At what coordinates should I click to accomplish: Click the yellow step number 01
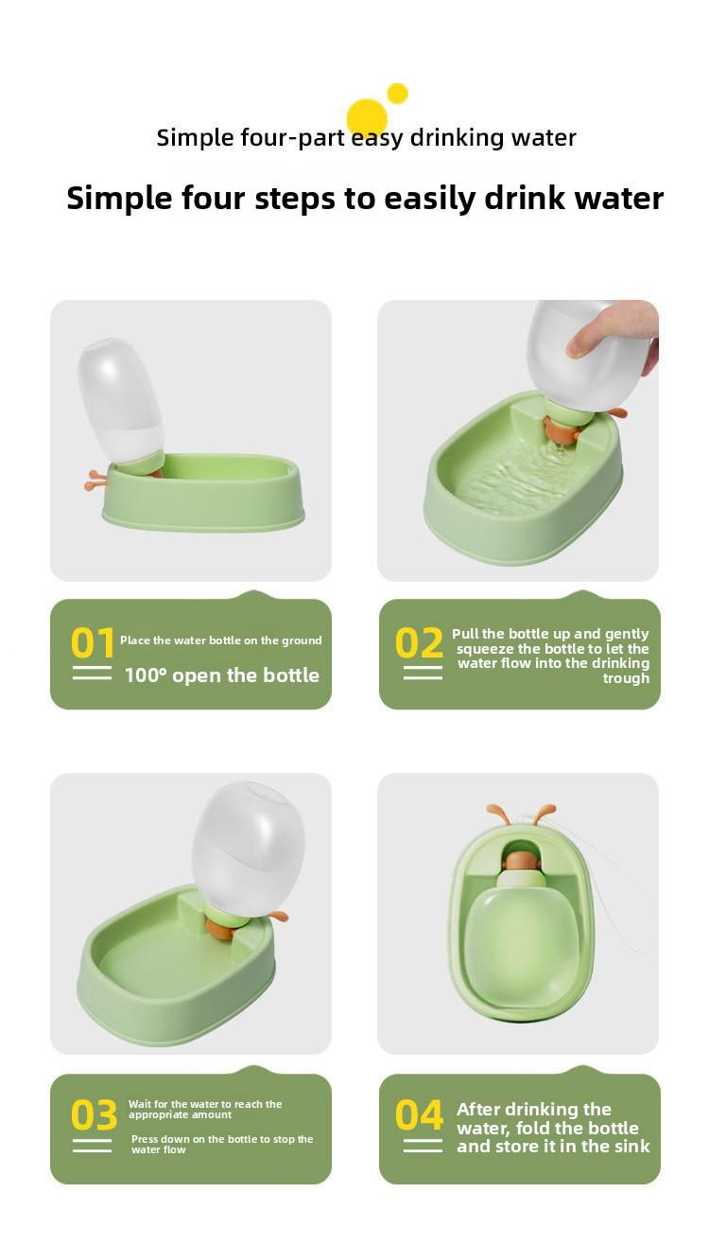[92, 642]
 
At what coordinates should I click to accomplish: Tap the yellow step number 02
[419, 642]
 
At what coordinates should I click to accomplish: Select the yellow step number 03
[94, 1115]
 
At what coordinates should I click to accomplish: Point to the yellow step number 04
[419, 1115]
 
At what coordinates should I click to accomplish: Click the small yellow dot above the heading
[398, 94]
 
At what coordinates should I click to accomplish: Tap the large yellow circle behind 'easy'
[367, 118]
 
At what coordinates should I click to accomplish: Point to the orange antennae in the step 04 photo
[521, 815]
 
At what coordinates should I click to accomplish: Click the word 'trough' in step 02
[626, 678]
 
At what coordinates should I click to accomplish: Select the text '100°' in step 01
[146, 675]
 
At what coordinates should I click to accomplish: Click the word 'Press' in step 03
[146, 1139]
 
